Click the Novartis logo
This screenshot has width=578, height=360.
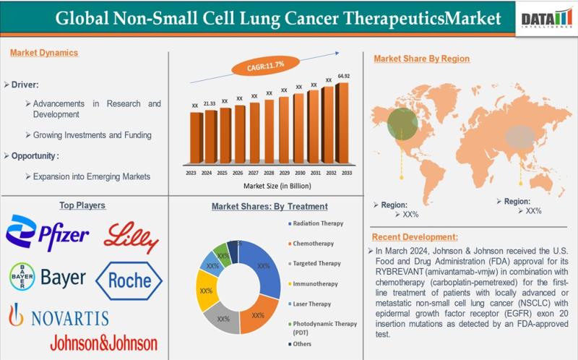(x=59, y=316)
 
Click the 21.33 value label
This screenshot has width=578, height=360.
(x=210, y=103)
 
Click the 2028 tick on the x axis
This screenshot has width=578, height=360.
(x=269, y=173)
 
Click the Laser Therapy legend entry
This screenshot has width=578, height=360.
(x=311, y=304)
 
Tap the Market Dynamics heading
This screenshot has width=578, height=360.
(x=44, y=52)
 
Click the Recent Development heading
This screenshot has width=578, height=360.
(x=418, y=236)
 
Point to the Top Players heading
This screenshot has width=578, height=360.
(x=82, y=205)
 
